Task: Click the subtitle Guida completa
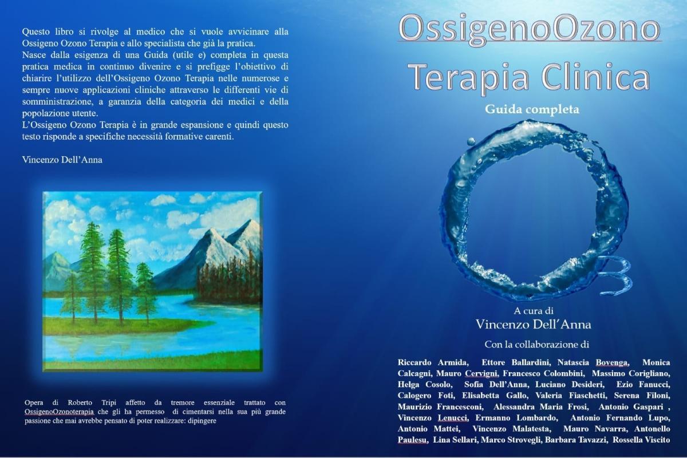click(x=532, y=109)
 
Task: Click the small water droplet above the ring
click(x=471, y=141)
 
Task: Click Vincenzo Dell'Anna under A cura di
click(x=534, y=325)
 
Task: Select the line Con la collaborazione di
click(x=537, y=345)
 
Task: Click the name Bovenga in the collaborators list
click(x=612, y=362)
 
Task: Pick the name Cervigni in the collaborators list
click(x=481, y=374)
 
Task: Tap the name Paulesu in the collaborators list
click(x=413, y=440)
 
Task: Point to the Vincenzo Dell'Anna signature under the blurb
click(x=62, y=160)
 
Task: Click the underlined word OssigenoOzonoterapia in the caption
click(x=59, y=412)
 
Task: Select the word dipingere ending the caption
click(x=203, y=421)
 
